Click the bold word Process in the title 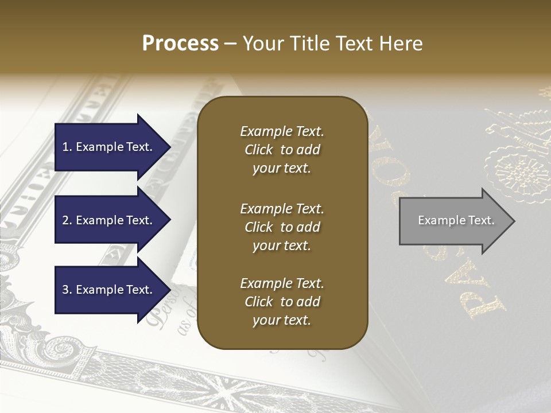pos(180,44)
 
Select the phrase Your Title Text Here pos(332,44)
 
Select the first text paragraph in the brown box pos(282,150)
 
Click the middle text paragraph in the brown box pos(282,227)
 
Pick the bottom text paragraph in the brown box pos(282,302)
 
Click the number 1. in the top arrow pos(67,147)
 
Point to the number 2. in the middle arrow pos(67,220)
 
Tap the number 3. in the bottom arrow pos(67,290)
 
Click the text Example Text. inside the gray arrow pos(456,220)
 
